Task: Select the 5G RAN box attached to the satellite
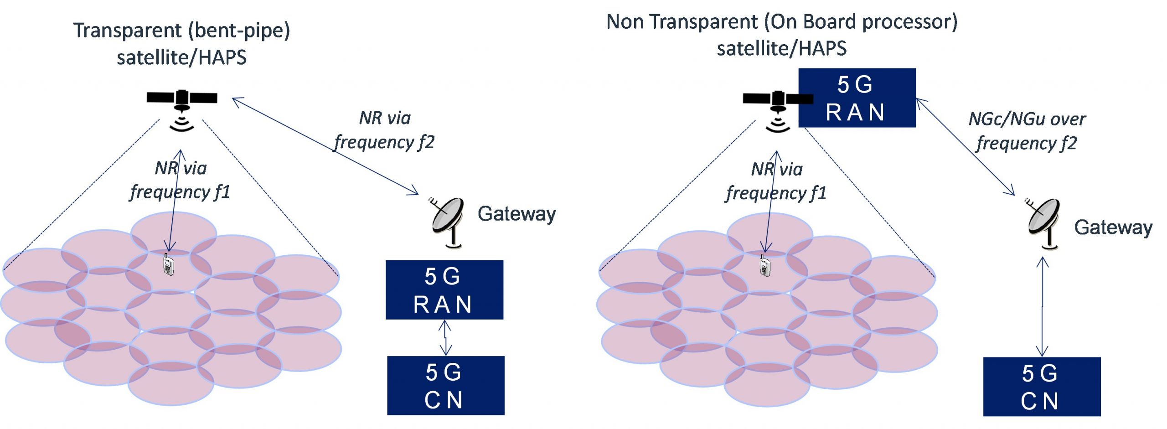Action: [857, 98]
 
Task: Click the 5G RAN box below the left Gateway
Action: [444, 290]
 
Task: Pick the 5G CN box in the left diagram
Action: [445, 386]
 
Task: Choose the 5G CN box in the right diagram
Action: [1042, 387]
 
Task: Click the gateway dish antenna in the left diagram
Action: [448, 222]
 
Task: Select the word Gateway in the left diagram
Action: [516, 214]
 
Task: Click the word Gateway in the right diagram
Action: [1113, 227]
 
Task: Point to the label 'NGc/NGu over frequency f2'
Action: [1027, 131]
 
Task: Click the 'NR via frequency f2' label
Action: [384, 130]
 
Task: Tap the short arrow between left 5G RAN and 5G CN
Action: [445, 338]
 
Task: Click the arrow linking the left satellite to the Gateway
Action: [325, 146]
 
